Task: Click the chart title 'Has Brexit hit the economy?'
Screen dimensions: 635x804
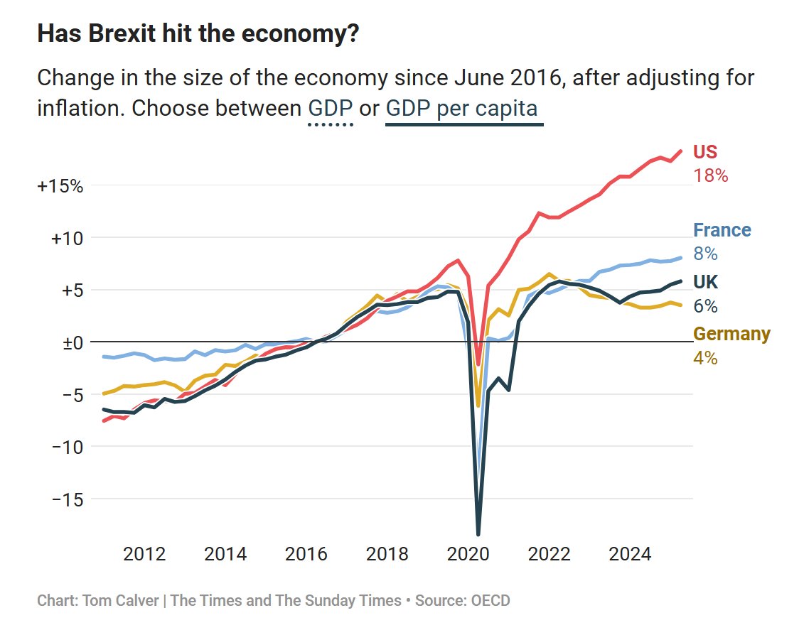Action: pos(198,33)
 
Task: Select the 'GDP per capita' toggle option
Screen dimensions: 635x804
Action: pos(463,109)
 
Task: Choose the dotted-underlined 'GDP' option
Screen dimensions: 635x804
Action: pos(331,109)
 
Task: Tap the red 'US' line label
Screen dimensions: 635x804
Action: pos(705,152)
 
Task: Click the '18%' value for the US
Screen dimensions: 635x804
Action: pos(711,175)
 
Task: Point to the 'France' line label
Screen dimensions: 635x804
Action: pos(722,230)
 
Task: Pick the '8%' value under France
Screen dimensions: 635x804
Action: pos(705,254)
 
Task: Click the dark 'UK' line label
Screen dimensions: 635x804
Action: pos(705,283)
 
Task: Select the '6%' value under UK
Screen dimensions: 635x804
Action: pos(705,306)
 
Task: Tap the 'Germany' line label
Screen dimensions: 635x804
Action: pos(731,334)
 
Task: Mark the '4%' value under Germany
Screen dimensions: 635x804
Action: pos(705,358)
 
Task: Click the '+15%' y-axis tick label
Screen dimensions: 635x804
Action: pos(60,186)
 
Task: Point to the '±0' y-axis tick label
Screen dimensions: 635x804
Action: pos(70,342)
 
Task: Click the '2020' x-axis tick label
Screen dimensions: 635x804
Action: pos(468,553)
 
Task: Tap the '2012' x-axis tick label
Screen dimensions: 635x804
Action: pos(144,553)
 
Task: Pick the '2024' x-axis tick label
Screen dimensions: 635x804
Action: pos(631,553)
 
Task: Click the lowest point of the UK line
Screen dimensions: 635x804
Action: pos(478,534)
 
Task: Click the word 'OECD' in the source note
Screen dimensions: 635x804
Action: pos(490,600)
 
